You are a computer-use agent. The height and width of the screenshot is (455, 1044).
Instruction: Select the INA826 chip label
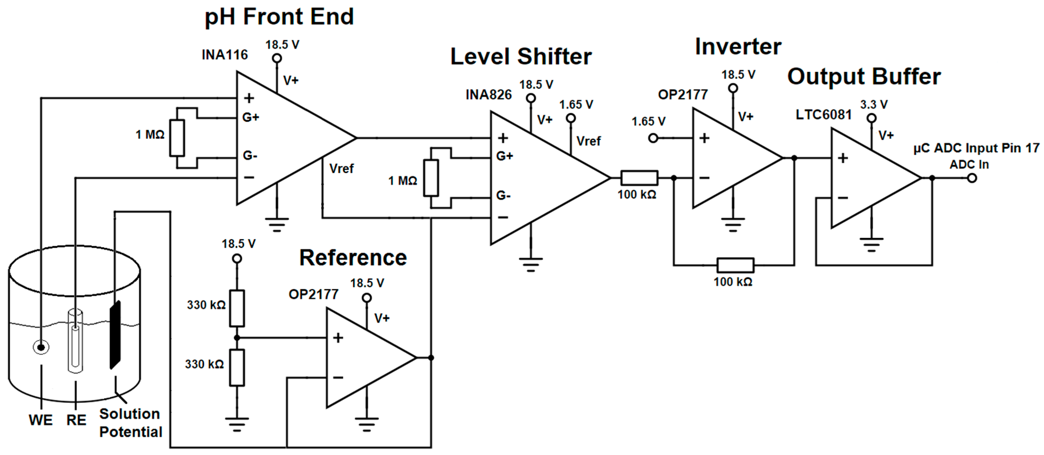(488, 95)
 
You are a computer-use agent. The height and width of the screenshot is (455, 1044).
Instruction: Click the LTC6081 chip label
(823, 114)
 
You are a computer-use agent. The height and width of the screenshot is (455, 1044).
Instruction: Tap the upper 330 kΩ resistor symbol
(237, 308)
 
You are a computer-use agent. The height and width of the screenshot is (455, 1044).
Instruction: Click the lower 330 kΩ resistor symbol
(237, 367)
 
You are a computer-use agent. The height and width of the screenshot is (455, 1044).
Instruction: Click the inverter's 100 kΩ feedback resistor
(735, 265)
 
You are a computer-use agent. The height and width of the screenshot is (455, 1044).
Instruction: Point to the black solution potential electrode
(115, 335)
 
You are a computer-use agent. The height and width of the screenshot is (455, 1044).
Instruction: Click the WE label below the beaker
(41, 420)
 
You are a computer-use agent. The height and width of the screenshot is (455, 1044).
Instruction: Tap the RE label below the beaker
(76, 420)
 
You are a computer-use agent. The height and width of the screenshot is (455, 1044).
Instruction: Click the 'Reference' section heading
(353, 258)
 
